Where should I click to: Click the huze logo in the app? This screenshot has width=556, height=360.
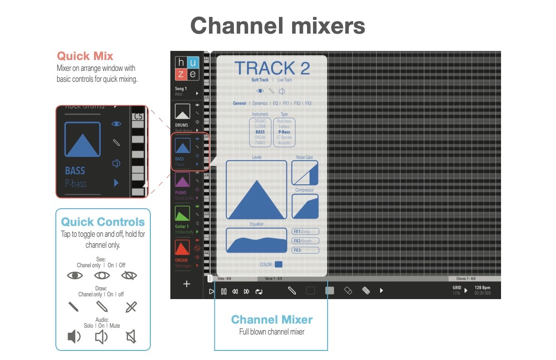(x=187, y=68)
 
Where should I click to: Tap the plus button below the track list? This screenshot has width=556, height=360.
(x=186, y=284)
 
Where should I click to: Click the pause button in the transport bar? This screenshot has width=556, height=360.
(x=223, y=291)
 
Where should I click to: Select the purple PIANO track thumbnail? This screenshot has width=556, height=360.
(x=183, y=181)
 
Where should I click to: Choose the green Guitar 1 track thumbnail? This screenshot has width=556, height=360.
(x=183, y=214)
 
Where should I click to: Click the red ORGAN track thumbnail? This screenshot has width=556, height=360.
(x=183, y=248)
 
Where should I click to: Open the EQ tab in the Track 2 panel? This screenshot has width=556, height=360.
(x=275, y=103)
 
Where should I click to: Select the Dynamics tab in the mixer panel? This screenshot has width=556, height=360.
(x=260, y=103)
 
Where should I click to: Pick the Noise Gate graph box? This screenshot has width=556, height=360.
(x=304, y=173)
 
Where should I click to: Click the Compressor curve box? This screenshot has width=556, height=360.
(x=304, y=206)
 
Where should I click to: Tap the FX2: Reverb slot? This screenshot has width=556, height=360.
(x=305, y=241)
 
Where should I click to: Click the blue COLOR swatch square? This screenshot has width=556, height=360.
(x=278, y=264)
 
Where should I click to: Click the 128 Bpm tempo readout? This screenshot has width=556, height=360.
(x=482, y=288)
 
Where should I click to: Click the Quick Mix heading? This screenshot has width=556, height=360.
(x=85, y=56)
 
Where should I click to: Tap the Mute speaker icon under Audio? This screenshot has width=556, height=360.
(x=131, y=337)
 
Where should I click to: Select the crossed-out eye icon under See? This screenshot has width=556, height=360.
(x=129, y=275)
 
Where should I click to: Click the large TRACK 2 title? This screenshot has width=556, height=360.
(x=272, y=68)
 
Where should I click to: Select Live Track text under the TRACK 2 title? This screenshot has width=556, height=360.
(x=285, y=80)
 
